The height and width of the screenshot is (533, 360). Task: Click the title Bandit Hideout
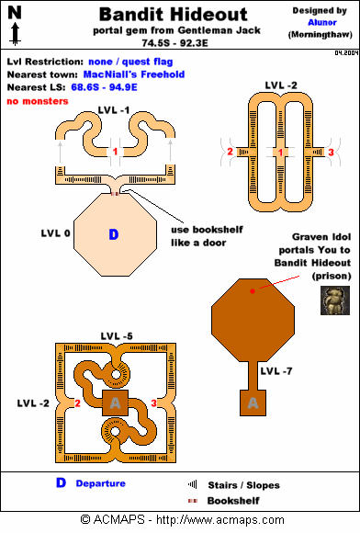click(174, 15)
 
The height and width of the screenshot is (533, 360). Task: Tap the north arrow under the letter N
click(16, 34)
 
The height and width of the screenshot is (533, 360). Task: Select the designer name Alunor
click(322, 22)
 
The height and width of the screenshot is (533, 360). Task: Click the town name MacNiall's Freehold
click(134, 74)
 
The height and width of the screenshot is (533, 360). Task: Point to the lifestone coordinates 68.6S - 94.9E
click(105, 87)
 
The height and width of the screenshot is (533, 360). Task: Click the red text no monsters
click(38, 101)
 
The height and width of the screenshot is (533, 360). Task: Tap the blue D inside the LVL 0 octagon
click(114, 234)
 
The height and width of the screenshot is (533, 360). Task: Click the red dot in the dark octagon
click(253, 291)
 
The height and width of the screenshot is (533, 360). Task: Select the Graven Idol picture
click(335, 301)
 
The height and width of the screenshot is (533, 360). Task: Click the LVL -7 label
click(276, 371)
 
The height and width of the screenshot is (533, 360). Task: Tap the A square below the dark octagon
click(253, 403)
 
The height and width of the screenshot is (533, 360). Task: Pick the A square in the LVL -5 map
click(116, 403)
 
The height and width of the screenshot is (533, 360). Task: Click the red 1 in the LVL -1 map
click(115, 152)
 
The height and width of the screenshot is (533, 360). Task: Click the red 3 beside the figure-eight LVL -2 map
click(331, 153)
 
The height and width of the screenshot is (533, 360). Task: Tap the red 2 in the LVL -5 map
click(77, 403)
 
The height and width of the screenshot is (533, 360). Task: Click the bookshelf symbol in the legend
click(193, 501)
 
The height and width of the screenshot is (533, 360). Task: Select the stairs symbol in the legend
click(193, 484)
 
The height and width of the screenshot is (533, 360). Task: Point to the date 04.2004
click(347, 53)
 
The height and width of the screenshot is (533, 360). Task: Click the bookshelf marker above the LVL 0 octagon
click(115, 194)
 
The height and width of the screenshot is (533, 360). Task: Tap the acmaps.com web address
click(220, 520)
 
